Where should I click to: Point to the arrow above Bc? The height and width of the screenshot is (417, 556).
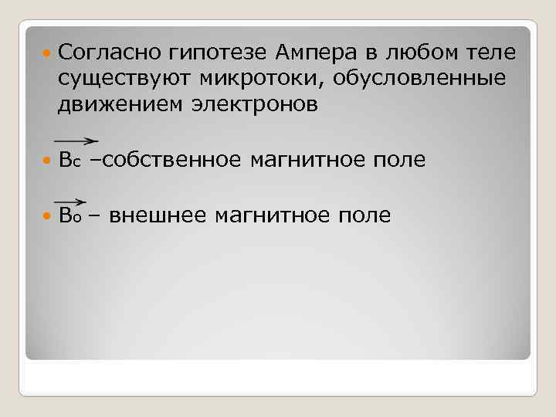[x=76, y=141]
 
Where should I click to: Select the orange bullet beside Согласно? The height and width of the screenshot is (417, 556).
[x=47, y=53]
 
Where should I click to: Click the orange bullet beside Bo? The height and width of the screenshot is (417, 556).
[x=47, y=215]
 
